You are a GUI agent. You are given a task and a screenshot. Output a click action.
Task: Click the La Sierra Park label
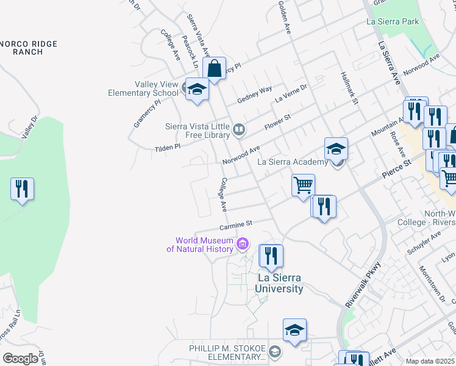click(393, 21)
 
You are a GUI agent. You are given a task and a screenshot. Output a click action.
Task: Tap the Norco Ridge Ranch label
click(28, 48)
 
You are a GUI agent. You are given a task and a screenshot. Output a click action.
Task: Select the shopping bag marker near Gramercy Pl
click(215, 68)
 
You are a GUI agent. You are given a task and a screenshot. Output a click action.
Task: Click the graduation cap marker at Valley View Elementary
click(197, 90)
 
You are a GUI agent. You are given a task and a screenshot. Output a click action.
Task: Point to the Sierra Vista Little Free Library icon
click(240, 129)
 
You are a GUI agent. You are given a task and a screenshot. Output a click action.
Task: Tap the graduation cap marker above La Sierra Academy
click(336, 148)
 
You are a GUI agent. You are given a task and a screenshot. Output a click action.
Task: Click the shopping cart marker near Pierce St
click(303, 184)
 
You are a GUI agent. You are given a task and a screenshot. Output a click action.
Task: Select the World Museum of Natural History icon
click(243, 245)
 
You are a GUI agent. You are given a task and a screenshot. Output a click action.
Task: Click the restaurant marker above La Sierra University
click(271, 255)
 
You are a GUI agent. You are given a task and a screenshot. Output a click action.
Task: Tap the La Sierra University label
click(279, 284)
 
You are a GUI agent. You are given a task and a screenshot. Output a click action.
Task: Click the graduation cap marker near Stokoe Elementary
click(294, 330)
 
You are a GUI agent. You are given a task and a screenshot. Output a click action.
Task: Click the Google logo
click(20, 358)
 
